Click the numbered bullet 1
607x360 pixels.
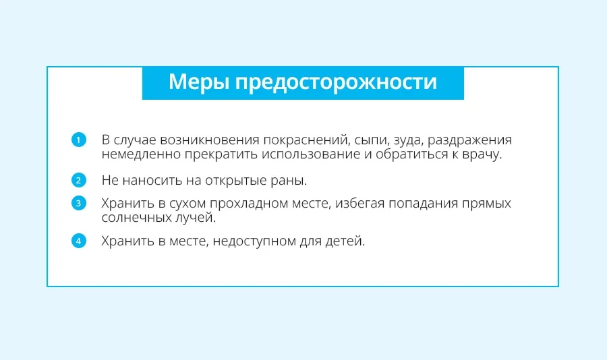point(79,140)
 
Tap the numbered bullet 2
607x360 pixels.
point(79,180)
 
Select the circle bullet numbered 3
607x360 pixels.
point(79,203)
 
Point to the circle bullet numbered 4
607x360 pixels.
point(79,241)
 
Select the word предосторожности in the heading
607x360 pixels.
point(336,82)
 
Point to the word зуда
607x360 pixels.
point(409,140)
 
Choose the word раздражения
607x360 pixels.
point(469,140)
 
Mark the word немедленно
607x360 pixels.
point(141,154)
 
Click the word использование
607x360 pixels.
point(311,154)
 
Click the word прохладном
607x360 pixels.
point(250,204)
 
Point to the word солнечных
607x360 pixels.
point(135,218)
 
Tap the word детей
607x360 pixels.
point(345,241)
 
